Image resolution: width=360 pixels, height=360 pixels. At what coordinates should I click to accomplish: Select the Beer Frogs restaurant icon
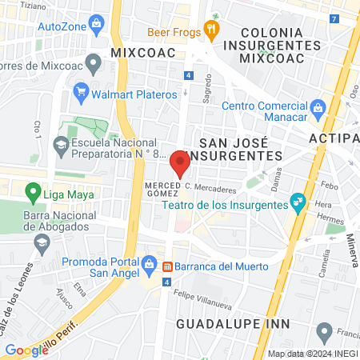coord(212,31)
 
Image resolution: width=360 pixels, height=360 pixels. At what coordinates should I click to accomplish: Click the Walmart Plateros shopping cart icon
coord(81,94)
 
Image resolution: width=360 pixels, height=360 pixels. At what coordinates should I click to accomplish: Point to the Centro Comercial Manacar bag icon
coord(318,107)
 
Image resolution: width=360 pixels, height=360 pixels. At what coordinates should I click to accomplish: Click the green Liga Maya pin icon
coord(33,192)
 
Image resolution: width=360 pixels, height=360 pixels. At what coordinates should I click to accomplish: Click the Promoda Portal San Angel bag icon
coord(149,263)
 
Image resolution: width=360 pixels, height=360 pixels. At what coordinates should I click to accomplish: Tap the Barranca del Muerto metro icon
coord(167,266)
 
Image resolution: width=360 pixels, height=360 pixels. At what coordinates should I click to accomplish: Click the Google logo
coord(26,350)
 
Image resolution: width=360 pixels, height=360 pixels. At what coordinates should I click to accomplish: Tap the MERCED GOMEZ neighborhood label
coord(160,190)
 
